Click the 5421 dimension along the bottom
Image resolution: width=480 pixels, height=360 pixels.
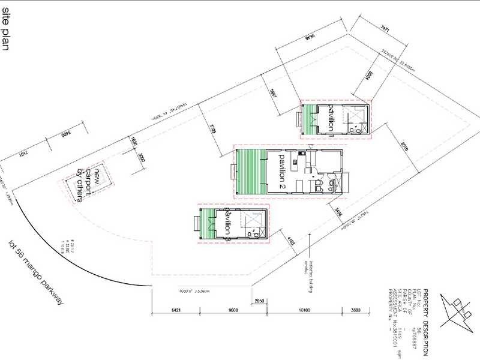pos(175,311)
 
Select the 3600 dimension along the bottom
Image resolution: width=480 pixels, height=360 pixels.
pos(356,311)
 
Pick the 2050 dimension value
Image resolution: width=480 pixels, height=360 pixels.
pos(260,300)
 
